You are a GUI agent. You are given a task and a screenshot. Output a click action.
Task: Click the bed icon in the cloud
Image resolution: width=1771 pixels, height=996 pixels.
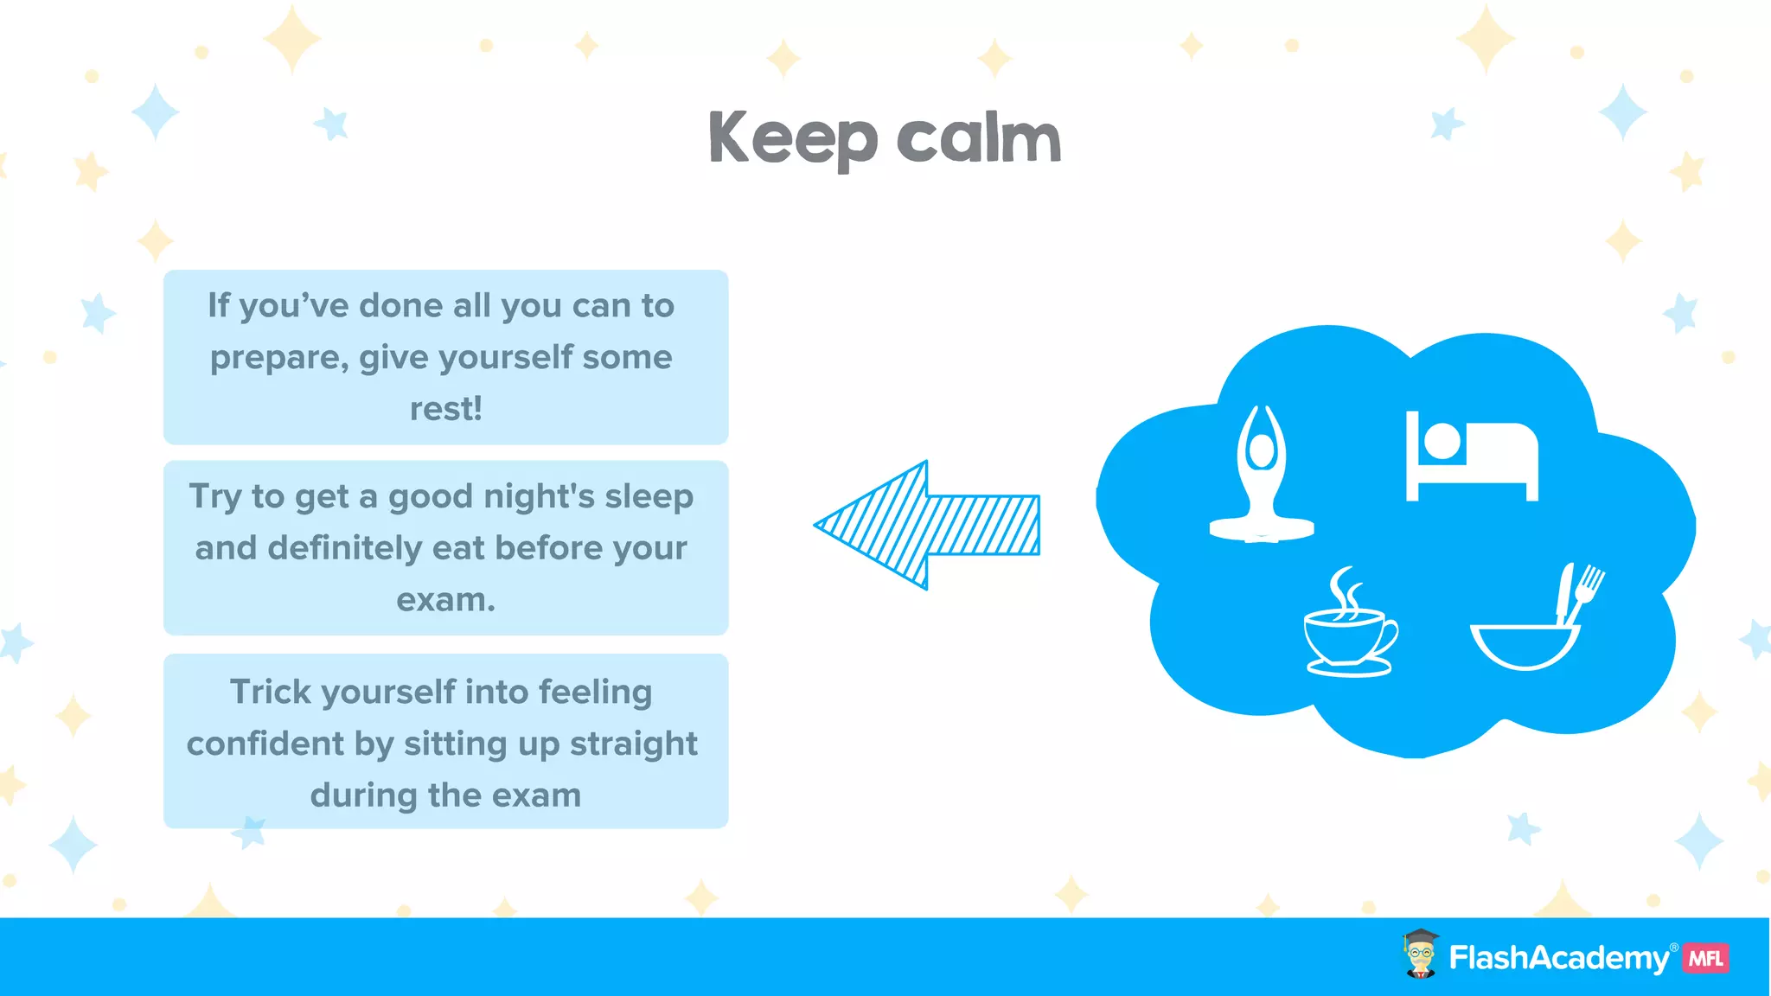click(1471, 456)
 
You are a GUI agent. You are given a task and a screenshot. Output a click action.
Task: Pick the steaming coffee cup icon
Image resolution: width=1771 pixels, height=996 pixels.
click(1348, 625)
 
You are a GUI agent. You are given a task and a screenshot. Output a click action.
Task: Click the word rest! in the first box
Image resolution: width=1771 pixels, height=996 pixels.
click(445, 409)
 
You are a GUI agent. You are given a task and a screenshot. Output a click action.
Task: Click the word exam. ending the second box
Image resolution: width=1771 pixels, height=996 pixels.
click(445, 600)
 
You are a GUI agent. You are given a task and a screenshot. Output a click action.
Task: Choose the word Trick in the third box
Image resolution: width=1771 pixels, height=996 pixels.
click(270, 692)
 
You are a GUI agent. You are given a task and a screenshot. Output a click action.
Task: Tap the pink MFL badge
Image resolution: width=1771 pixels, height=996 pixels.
click(1705, 958)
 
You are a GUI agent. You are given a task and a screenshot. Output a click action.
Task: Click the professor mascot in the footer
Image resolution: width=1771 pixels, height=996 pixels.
click(1420, 954)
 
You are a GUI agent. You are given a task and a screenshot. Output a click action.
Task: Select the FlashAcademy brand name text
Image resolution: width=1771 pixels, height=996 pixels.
click(1558, 958)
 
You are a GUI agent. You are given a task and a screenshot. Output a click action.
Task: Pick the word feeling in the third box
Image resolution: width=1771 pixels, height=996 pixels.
click(595, 692)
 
